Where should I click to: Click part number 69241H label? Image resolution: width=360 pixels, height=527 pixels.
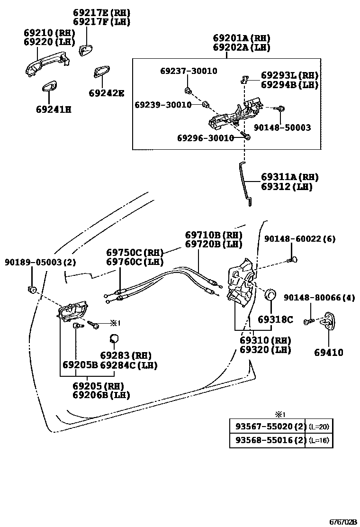point(53,109)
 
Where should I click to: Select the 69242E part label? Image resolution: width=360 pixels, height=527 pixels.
point(107,93)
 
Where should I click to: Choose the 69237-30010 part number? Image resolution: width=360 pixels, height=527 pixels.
point(189,71)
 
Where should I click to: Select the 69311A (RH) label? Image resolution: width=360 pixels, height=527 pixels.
point(289,177)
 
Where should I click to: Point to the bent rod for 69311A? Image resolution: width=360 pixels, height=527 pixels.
point(245,182)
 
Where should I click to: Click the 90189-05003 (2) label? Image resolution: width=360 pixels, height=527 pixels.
point(40,262)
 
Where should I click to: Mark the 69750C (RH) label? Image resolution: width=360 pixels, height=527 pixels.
point(135,253)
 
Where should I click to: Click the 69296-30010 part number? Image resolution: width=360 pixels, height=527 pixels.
point(206,138)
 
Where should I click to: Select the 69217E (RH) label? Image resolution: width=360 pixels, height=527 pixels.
point(101,12)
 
